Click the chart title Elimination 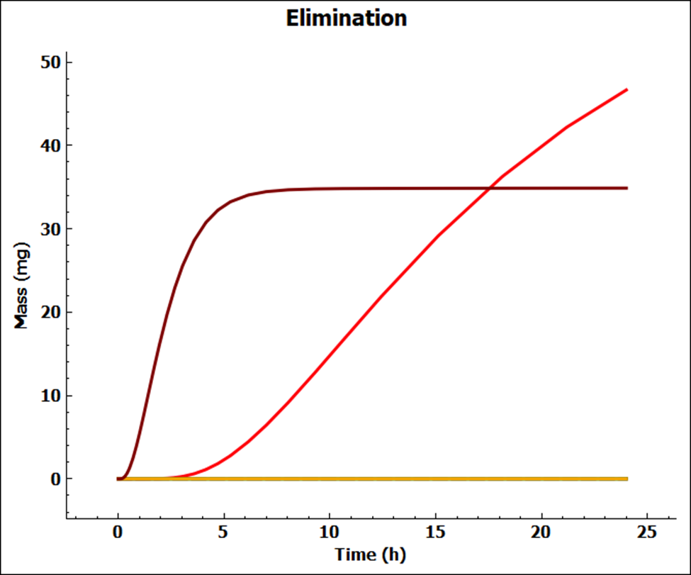click(x=346, y=18)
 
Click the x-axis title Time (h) click(x=371, y=554)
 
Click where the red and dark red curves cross click(x=490, y=188)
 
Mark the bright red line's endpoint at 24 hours click(x=627, y=90)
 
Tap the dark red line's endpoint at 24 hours click(x=627, y=188)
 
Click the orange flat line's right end click(x=627, y=479)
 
